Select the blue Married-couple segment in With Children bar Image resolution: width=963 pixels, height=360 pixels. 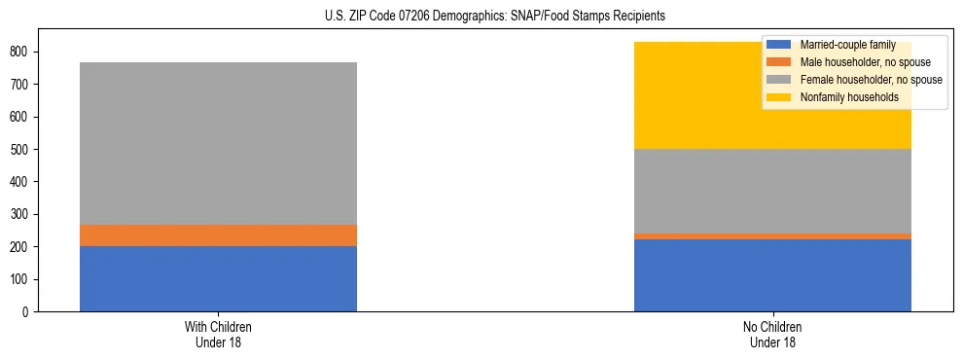click(x=218, y=278)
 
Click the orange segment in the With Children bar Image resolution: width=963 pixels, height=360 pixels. click(x=218, y=235)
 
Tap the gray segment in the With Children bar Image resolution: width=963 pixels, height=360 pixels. click(x=218, y=144)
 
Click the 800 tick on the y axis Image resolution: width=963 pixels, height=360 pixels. click(x=21, y=52)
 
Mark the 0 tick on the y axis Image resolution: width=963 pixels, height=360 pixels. click(x=28, y=311)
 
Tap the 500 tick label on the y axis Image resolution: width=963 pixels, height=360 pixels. click(x=21, y=149)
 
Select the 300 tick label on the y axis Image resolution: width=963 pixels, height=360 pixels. click(x=21, y=214)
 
